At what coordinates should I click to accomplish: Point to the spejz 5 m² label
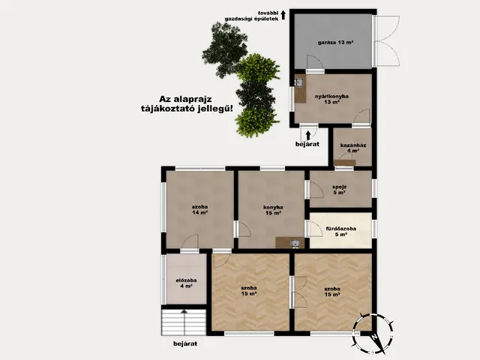click(340, 190)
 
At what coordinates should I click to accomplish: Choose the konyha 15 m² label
click(272, 210)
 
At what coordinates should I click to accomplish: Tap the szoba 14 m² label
click(199, 209)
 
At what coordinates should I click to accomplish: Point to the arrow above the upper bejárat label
click(308, 133)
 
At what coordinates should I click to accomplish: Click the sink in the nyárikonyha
click(299, 83)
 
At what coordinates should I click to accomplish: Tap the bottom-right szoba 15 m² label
click(332, 290)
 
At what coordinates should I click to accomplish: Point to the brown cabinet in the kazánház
click(345, 162)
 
